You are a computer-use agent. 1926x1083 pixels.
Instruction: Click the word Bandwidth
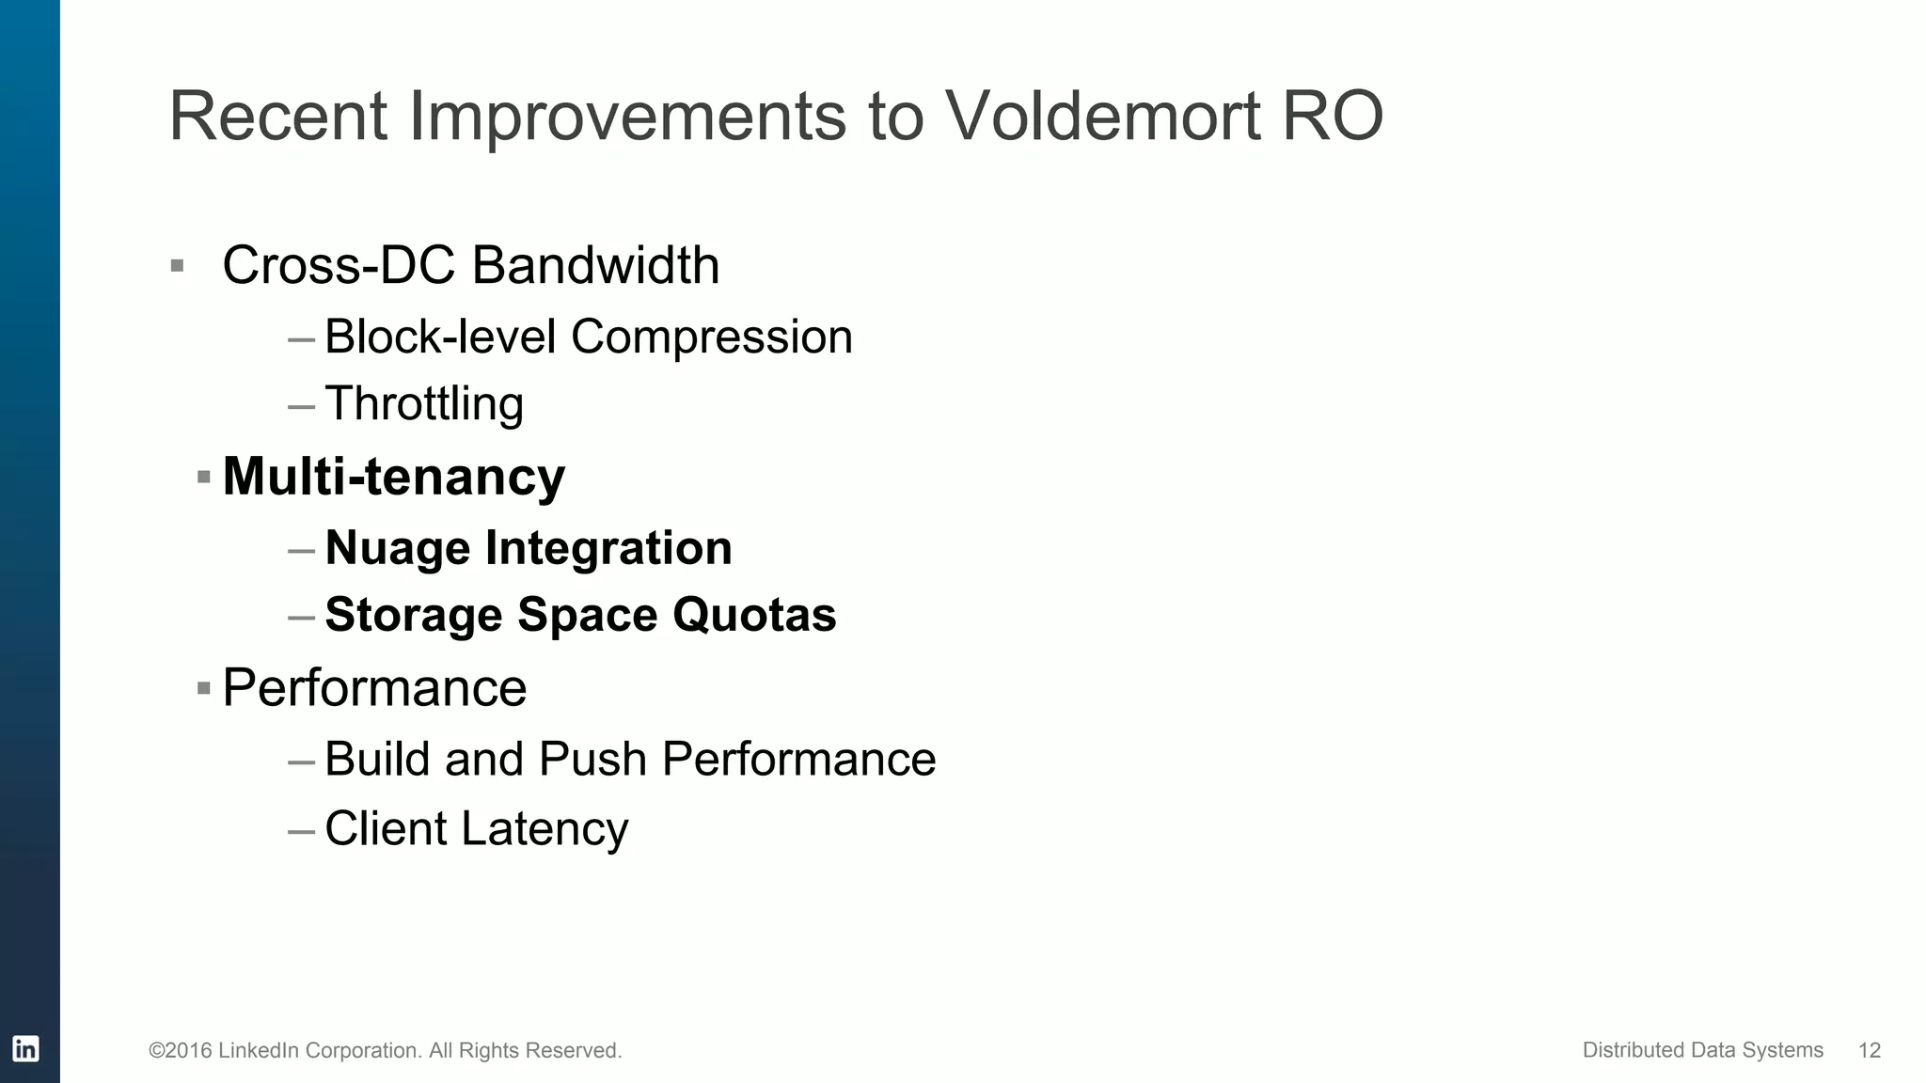tap(595, 265)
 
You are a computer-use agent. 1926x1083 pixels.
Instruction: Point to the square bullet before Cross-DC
tap(177, 266)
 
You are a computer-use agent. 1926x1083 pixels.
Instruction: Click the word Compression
tap(711, 337)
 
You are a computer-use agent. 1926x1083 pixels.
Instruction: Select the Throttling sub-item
tap(423, 404)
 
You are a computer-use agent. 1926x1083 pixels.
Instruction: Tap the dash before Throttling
tap(301, 407)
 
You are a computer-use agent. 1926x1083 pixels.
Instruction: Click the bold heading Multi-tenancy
tap(393, 477)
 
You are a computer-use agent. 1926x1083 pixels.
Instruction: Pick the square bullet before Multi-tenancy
tap(203, 478)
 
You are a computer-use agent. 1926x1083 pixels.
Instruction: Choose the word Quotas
tap(754, 615)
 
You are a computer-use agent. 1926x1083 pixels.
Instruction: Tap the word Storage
tap(413, 615)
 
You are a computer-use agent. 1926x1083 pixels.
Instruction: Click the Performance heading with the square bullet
tap(374, 688)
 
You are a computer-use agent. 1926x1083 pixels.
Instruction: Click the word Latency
tap(545, 829)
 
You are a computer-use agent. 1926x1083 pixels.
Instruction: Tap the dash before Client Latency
tap(301, 832)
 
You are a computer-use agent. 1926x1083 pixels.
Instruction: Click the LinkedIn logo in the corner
tap(25, 1048)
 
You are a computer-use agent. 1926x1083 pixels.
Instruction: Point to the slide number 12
tap(1869, 1050)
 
